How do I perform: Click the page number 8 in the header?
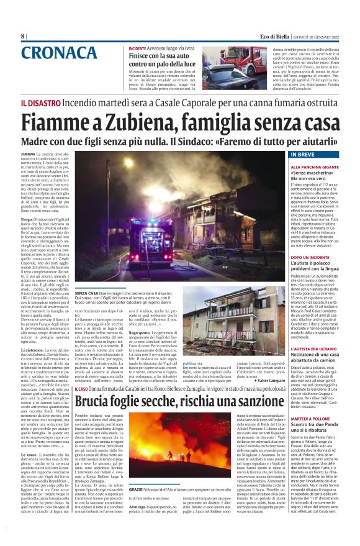22,36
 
